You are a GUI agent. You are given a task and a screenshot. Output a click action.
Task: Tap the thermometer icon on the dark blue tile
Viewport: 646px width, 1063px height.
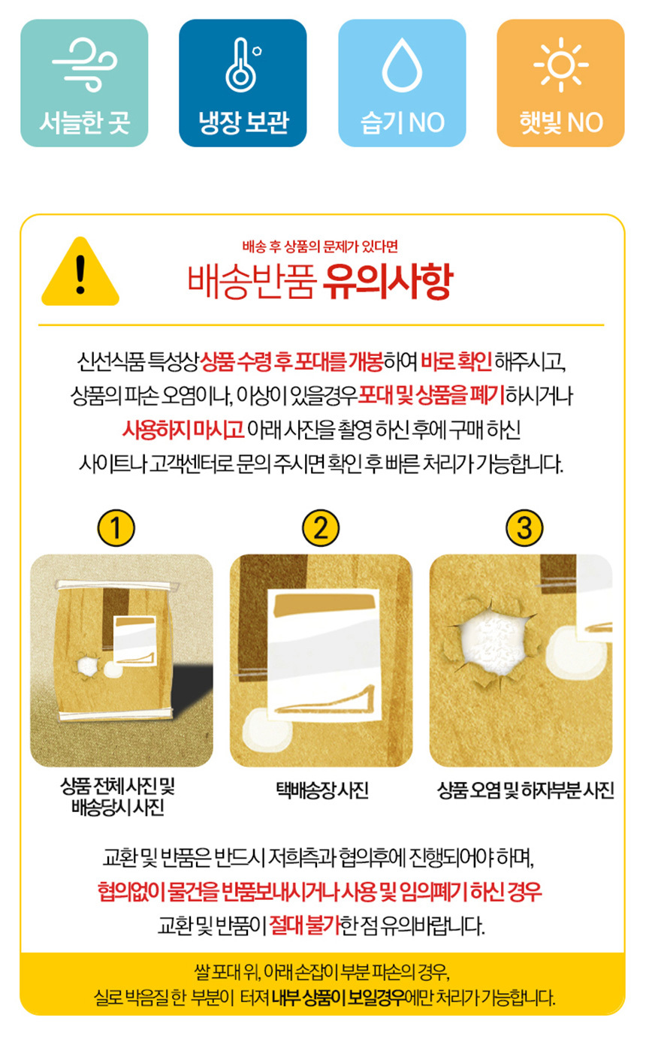(x=243, y=65)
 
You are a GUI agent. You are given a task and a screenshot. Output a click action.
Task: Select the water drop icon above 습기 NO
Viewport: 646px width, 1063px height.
(x=402, y=65)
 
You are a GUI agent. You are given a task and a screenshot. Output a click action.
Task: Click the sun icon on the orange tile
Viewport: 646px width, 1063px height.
(x=560, y=65)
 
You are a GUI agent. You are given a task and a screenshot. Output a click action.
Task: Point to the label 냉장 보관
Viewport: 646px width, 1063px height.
(x=243, y=122)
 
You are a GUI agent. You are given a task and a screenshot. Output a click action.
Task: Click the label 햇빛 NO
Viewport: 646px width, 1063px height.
(x=561, y=122)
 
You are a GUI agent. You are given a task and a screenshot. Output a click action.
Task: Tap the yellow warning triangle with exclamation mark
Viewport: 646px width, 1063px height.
(x=80, y=271)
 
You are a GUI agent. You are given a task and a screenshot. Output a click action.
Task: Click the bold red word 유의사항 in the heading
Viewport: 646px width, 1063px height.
(x=388, y=282)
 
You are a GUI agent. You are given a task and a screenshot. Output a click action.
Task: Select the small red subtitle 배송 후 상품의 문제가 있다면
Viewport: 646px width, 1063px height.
(x=320, y=246)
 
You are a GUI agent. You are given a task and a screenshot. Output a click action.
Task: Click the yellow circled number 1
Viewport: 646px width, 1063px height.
(x=116, y=527)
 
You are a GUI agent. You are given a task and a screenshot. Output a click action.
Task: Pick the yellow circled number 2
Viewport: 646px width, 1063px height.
(x=321, y=527)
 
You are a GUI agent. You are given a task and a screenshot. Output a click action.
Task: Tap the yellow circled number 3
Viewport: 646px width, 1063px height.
(x=524, y=527)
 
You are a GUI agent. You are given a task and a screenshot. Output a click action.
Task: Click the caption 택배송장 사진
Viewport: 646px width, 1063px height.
(x=322, y=790)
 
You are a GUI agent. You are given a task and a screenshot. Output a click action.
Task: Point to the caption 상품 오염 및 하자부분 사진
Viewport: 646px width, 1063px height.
(x=525, y=790)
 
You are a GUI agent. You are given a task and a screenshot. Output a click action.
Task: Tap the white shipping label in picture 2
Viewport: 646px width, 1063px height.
(x=323, y=656)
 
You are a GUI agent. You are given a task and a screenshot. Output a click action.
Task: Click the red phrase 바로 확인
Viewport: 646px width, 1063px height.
(x=456, y=361)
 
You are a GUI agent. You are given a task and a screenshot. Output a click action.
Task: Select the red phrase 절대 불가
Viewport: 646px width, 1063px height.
(x=305, y=925)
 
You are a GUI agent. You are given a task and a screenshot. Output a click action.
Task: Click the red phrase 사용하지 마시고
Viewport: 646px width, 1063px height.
(x=183, y=430)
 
